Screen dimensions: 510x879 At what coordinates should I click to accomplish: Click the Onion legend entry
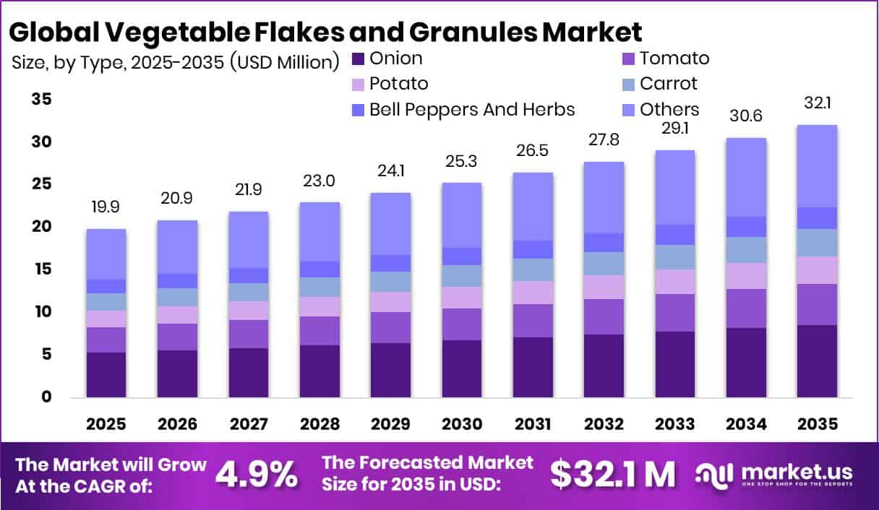395,59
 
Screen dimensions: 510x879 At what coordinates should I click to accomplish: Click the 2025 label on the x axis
106,425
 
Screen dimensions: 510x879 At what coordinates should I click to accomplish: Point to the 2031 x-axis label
533,425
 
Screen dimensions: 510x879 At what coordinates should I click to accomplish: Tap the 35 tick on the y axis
42,99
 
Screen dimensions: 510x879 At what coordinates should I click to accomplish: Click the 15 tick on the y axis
42,269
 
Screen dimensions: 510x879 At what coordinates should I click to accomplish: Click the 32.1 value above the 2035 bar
817,103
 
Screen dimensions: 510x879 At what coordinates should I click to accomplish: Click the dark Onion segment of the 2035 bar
817,361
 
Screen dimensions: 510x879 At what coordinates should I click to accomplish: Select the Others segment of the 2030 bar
462,215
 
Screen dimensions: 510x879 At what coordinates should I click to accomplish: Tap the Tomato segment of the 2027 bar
249,334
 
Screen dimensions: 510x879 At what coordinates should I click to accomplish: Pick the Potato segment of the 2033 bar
675,282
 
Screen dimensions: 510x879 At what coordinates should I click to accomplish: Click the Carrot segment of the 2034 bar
746,250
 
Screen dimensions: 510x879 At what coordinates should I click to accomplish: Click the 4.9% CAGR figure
257,475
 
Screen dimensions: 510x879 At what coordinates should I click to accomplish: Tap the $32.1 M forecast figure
612,475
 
